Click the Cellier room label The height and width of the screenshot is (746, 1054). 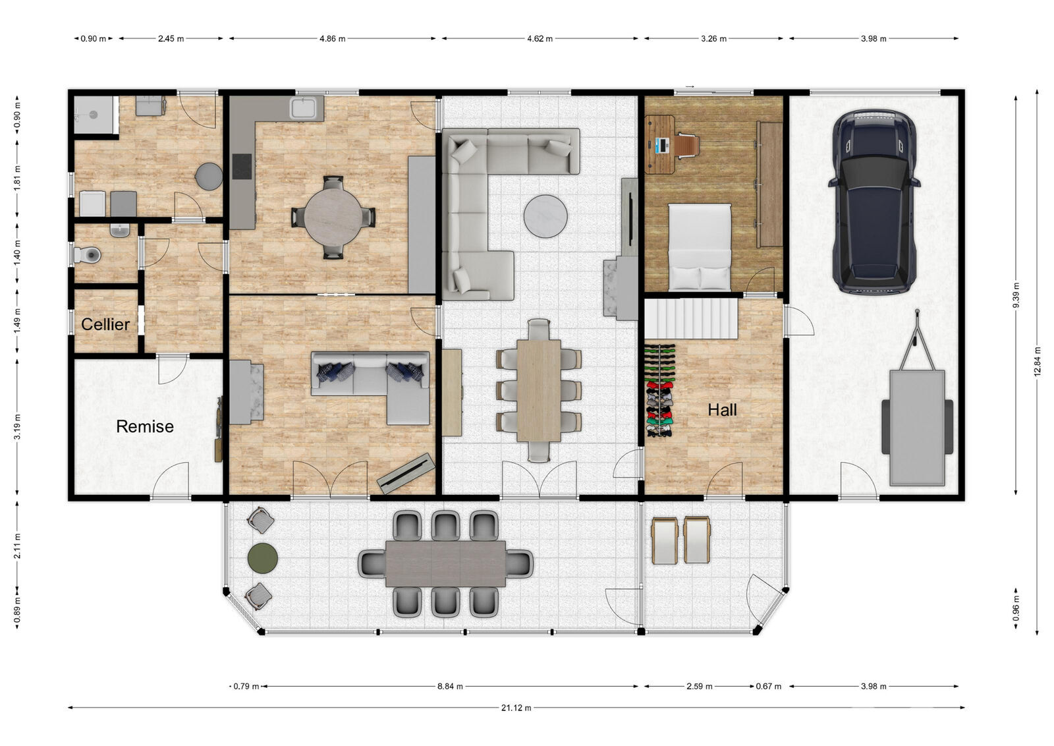coord(105,324)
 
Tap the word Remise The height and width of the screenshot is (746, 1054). coord(145,426)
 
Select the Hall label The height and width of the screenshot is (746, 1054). coord(722,410)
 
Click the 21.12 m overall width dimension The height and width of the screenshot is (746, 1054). coord(516,708)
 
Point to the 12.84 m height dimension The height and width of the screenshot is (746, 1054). coord(1038,362)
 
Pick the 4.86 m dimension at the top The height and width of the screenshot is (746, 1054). coord(333,39)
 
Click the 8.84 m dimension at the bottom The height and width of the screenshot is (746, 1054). coord(451,686)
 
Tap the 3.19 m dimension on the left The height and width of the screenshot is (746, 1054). coord(17,427)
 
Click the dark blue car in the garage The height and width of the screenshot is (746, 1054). coord(874,202)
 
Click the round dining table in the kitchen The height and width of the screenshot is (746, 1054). coord(333,217)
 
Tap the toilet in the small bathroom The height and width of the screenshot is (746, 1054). coord(88,255)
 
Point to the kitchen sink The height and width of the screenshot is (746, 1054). coord(303,108)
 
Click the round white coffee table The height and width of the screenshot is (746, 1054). coord(545,217)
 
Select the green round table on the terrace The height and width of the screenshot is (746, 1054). coord(263,558)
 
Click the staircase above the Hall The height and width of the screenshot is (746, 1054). coord(691,319)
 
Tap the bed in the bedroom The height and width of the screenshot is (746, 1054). coord(700,247)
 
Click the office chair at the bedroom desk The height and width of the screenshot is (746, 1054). coord(688,144)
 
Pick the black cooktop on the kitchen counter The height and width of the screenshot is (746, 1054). coord(242,167)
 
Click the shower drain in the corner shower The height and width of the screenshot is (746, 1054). coord(93,115)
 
